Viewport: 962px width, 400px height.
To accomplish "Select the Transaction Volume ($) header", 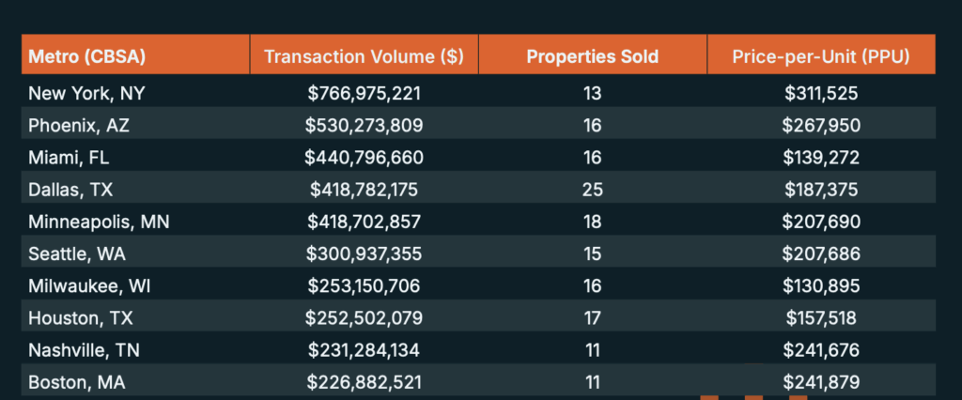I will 364,56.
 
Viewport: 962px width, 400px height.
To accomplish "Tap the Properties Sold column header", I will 592,56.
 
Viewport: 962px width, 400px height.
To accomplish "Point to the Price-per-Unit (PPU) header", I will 821,56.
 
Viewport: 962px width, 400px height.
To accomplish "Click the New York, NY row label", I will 85,93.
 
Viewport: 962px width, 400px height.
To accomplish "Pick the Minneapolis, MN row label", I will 99,222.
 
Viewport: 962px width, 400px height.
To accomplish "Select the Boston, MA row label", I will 77,382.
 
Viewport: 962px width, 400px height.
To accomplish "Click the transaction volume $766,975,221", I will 365,93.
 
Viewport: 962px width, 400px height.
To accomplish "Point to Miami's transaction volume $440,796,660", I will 365,157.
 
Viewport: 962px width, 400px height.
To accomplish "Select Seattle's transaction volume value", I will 365,254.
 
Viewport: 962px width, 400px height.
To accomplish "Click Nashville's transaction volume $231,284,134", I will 365,350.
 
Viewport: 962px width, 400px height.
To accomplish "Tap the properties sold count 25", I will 592,190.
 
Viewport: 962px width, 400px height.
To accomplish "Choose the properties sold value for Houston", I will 592,318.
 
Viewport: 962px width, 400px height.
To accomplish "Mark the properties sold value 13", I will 592,93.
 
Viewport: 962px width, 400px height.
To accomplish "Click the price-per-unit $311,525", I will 822,93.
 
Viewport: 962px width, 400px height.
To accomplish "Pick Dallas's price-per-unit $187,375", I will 822,190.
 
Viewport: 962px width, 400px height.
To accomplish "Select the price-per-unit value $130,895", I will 822,285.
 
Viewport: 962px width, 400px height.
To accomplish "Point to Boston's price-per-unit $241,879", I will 822,382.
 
